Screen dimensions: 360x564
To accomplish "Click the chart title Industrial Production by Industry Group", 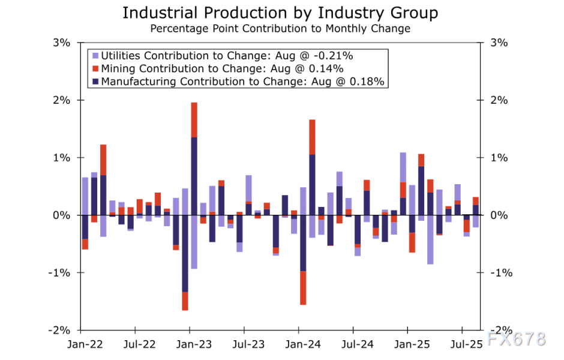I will pos(280,13).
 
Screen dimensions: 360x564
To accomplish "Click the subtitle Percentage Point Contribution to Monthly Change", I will pos(280,28).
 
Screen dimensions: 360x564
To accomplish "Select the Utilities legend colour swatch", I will pos(95,55).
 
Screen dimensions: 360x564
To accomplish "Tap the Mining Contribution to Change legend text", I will pos(222,68).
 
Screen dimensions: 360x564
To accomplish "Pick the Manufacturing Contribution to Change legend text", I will pos(242,81).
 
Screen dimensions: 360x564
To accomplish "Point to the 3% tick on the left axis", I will pos(62,43).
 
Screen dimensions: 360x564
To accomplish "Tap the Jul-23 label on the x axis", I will pos(244,346).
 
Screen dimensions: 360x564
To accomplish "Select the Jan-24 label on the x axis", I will pos(298,346).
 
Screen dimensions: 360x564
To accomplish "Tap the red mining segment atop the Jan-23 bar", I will pos(194,120).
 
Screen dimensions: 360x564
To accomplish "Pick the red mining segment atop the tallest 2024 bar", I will pos(312,137).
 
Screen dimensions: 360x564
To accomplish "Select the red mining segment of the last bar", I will pos(475,201).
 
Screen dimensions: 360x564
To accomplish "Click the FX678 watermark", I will pos(516,339).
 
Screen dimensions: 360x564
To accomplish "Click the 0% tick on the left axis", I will pos(62,215).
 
